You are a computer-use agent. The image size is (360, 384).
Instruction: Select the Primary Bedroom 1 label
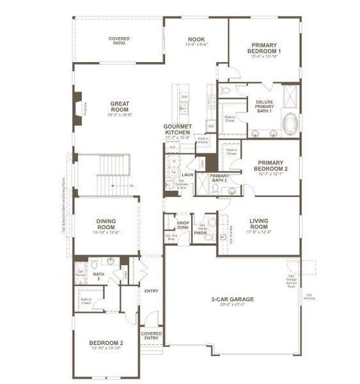263,49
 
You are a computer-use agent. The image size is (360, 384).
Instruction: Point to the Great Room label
120,106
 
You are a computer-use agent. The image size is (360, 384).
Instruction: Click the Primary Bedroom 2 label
268,166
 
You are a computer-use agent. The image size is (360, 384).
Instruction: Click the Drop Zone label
183,225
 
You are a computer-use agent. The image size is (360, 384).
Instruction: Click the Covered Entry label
152,335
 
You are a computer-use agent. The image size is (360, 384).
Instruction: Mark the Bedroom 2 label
105,343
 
